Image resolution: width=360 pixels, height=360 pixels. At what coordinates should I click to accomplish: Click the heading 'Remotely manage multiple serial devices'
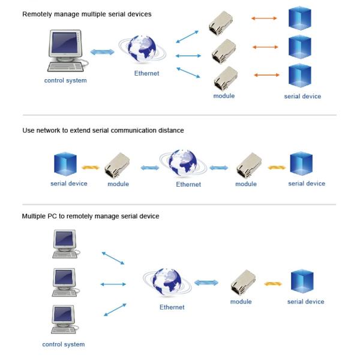click(86, 13)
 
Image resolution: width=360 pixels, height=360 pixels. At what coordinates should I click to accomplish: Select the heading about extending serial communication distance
click(103, 130)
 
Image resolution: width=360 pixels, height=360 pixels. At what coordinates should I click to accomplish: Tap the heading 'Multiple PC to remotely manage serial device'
click(91, 216)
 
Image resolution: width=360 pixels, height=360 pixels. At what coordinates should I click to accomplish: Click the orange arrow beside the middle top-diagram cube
click(265, 46)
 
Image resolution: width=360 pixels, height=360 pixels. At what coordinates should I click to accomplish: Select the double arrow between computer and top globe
click(102, 52)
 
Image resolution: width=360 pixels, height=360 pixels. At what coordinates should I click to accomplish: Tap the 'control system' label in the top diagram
click(65, 80)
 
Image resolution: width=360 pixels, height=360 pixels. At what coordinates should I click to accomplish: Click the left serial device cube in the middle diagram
click(65, 164)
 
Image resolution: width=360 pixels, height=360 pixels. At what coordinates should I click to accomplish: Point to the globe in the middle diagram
click(182, 163)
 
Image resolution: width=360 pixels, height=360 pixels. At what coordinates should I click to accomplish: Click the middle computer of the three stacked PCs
click(64, 280)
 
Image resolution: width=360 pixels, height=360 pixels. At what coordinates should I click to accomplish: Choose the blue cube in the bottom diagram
click(302, 281)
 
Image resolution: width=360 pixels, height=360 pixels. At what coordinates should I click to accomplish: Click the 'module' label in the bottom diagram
click(241, 302)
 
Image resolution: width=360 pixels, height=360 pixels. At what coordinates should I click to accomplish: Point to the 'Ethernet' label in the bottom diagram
click(172, 307)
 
